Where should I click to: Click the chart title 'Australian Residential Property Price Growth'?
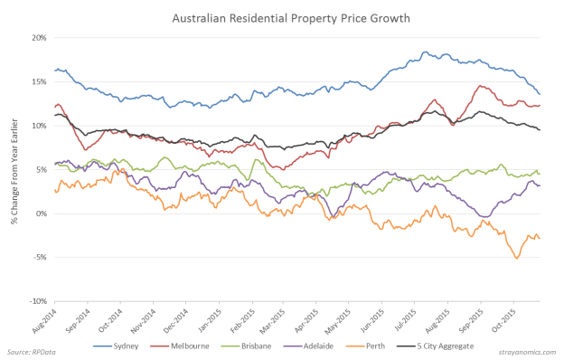coord(282,17)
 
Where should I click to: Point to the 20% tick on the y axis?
coord(39,38)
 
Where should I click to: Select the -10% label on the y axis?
coord(38,301)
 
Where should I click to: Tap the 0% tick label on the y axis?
coord(42,213)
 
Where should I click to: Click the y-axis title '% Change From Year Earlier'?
coord(16,170)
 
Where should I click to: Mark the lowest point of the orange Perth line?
coord(518,259)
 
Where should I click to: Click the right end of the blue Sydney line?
coord(540,94)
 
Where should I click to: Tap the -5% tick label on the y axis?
coord(41,258)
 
